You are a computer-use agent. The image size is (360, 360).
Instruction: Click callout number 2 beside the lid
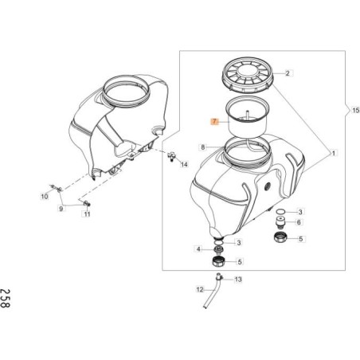coord(288,73)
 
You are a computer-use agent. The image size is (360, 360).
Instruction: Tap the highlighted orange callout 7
coord(213,121)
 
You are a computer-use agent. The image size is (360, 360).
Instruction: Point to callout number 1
coord(334,152)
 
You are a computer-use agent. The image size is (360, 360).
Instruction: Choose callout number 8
coord(204,147)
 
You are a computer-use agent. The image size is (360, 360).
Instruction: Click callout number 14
coord(185,165)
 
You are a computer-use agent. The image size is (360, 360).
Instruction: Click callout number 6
coord(299,223)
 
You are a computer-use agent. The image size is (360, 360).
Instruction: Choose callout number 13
coord(237,280)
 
